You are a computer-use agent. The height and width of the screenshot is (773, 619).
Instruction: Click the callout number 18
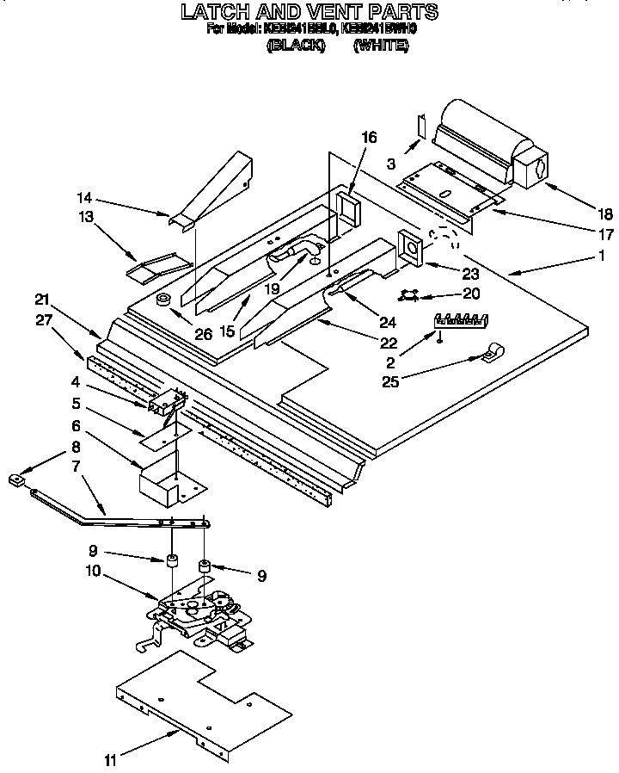tap(582, 214)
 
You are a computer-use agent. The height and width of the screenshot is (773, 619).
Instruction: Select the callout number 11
tap(109, 760)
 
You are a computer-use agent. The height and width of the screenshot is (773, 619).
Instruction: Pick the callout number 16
tap(369, 137)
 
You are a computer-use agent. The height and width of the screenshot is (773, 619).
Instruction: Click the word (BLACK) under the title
tap(296, 47)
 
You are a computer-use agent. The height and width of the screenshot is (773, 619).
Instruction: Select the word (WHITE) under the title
tap(381, 47)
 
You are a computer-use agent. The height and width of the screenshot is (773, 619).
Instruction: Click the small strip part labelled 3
tap(420, 126)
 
